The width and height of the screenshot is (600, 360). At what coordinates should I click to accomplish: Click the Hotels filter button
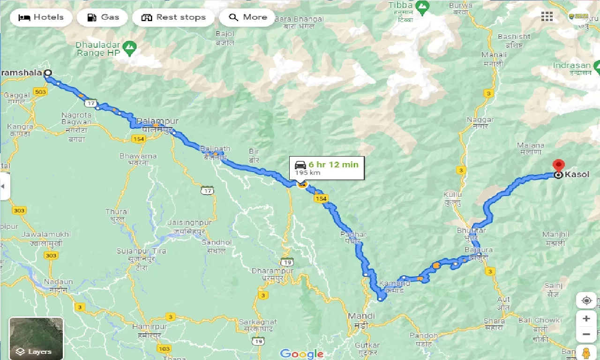pyautogui.click(x=41, y=17)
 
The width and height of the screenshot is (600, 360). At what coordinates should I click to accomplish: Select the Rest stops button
pyautogui.click(x=173, y=17)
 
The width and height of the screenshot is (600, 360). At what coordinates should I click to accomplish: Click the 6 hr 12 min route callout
pyautogui.click(x=327, y=168)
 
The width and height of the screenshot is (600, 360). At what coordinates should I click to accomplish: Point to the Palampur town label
pyautogui.click(x=151, y=121)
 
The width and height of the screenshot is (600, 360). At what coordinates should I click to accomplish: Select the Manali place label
pyautogui.click(x=494, y=55)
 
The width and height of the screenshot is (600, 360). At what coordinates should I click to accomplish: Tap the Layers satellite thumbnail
pyautogui.click(x=36, y=338)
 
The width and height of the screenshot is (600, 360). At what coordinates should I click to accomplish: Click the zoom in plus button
pyautogui.click(x=586, y=319)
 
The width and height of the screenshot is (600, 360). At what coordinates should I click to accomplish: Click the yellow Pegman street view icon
pyautogui.click(x=586, y=352)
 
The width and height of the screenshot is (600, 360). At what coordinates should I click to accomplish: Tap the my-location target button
pyautogui.click(x=586, y=300)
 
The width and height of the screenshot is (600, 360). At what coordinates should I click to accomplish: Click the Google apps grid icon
pyautogui.click(x=547, y=17)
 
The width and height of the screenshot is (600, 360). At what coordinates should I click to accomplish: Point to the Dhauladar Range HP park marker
pyautogui.click(x=129, y=46)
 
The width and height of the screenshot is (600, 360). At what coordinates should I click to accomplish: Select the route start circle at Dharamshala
pyautogui.click(x=48, y=73)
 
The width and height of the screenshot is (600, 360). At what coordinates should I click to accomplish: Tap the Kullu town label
pyautogui.click(x=453, y=195)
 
